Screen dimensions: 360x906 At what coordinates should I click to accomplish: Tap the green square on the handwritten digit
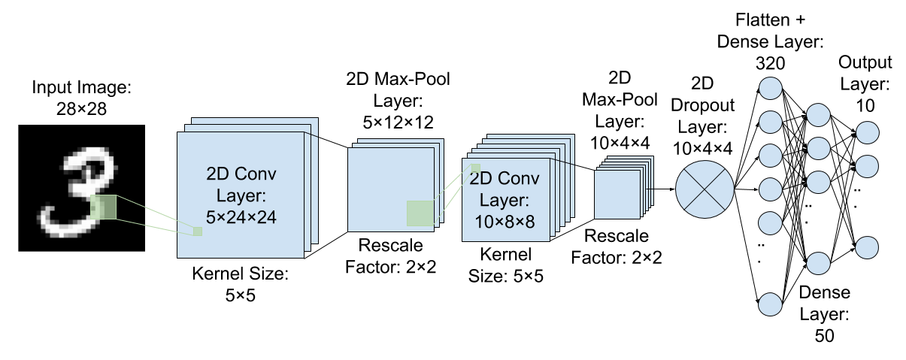[x=103, y=207]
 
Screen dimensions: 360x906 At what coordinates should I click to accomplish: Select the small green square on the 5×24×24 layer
[x=198, y=231]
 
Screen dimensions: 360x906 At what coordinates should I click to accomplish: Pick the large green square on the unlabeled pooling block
[x=420, y=213]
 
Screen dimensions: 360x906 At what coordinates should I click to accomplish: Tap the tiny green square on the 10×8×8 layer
[x=475, y=168]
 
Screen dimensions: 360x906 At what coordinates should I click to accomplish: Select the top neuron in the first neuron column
[x=771, y=88]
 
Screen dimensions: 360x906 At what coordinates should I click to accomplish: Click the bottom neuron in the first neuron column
[x=771, y=304]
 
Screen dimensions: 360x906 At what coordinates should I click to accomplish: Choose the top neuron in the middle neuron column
[x=818, y=115]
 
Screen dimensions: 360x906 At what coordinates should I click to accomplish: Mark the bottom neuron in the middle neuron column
[x=818, y=263]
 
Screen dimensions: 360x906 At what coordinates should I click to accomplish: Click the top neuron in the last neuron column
[x=867, y=132]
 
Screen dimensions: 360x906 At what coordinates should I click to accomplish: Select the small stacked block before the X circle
[x=618, y=193]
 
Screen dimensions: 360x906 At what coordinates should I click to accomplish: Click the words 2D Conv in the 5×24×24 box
[x=241, y=174]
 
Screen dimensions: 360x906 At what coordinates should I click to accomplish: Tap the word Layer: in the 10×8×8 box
[x=505, y=201]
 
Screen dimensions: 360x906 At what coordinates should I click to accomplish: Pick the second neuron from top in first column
[x=771, y=121]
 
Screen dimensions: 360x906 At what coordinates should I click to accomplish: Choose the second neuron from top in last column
[x=867, y=166]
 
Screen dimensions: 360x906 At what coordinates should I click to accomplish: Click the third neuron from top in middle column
[x=818, y=182]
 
